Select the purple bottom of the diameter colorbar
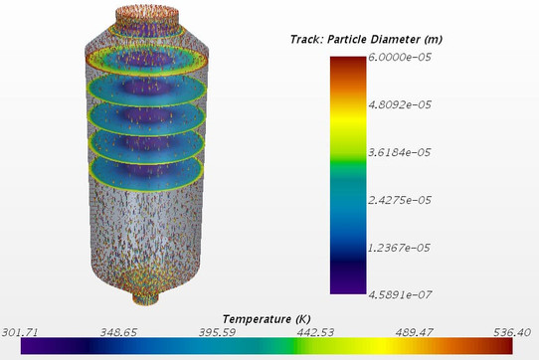(x=347, y=288)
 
